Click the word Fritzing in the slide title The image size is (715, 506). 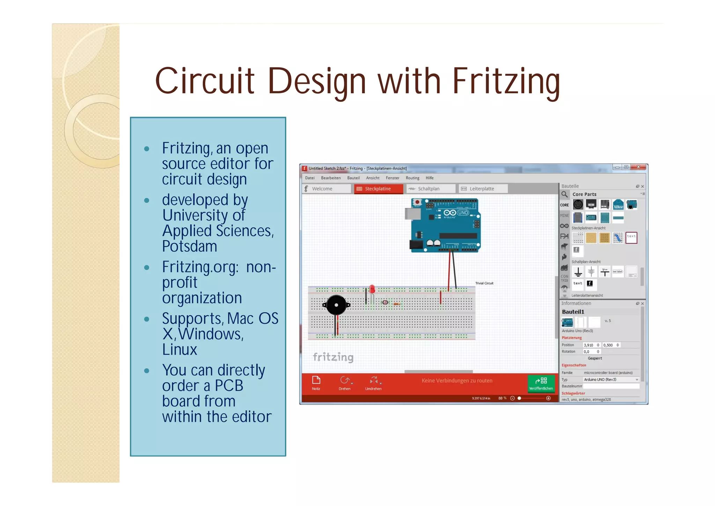(506, 81)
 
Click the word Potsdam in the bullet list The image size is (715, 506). (190, 246)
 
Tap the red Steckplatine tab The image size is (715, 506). (378, 189)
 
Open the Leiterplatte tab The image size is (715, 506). (481, 189)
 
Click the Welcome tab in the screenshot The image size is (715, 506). (322, 189)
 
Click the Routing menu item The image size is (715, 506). (412, 178)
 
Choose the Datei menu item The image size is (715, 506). (310, 178)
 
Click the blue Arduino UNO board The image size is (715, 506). (445, 225)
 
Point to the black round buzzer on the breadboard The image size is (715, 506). (336, 305)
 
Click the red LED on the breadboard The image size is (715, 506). (372, 289)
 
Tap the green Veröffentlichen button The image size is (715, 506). (541, 383)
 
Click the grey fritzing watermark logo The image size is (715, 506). (333, 357)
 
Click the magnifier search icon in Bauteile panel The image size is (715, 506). (565, 194)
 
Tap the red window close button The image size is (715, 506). (639, 167)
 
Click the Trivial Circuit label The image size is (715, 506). (484, 283)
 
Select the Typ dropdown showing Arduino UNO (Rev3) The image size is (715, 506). (611, 379)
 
